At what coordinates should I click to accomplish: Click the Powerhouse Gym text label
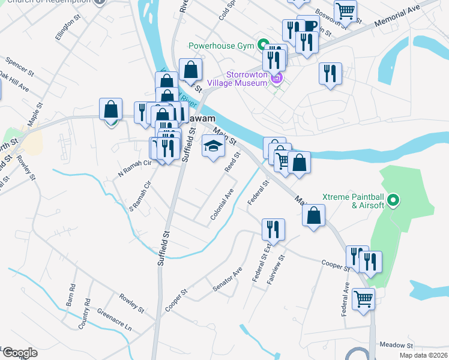coord(221,45)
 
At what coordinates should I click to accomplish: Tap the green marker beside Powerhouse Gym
coord(263,44)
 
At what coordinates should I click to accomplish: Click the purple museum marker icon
coord(277,78)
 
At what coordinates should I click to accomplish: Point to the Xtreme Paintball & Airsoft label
coord(353,201)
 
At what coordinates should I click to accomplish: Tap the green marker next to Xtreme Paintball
coord(394,200)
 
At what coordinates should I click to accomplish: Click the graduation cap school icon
coord(212,146)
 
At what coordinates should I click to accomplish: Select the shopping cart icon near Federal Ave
coord(363,298)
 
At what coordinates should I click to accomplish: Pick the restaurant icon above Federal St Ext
coord(273,229)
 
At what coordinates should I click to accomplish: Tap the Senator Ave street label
coord(227,280)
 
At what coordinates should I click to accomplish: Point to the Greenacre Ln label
coord(114,320)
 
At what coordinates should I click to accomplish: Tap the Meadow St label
coord(396,346)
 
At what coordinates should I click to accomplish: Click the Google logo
coord(20,353)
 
